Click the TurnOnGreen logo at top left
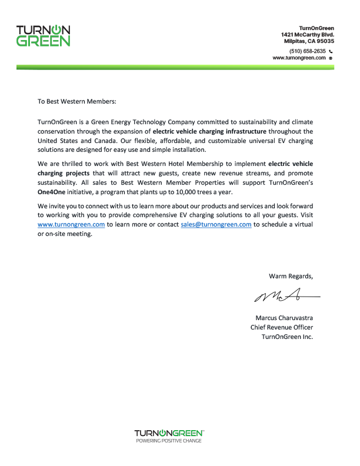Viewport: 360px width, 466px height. tap(44, 36)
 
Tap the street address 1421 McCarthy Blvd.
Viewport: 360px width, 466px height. tap(308, 35)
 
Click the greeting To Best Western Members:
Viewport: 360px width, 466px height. tap(77, 101)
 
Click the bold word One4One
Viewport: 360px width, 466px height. tap(52, 192)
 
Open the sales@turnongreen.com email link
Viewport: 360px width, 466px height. tap(216, 225)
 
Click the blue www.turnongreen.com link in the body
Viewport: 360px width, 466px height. tap(71, 225)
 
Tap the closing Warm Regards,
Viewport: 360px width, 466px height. tap(291, 276)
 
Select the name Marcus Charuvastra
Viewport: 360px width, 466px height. tap(284, 318)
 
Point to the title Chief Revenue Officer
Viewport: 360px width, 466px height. tap(282, 328)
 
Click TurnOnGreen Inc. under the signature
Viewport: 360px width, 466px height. tap(287, 337)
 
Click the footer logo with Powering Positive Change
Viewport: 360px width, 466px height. tap(169, 436)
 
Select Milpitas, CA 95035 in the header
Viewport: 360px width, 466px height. tap(308, 42)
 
